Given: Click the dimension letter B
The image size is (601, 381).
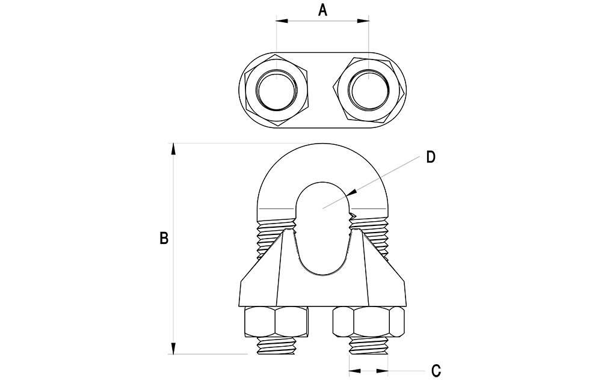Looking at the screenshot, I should (163, 237).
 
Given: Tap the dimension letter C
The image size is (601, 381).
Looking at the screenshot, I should (437, 369).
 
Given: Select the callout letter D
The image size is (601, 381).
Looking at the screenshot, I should (430, 157).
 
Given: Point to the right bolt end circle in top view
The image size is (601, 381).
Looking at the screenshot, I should (368, 90).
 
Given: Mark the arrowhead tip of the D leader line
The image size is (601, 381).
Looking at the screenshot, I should (350, 195).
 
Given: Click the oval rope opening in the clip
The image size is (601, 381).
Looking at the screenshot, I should (322, 228).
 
